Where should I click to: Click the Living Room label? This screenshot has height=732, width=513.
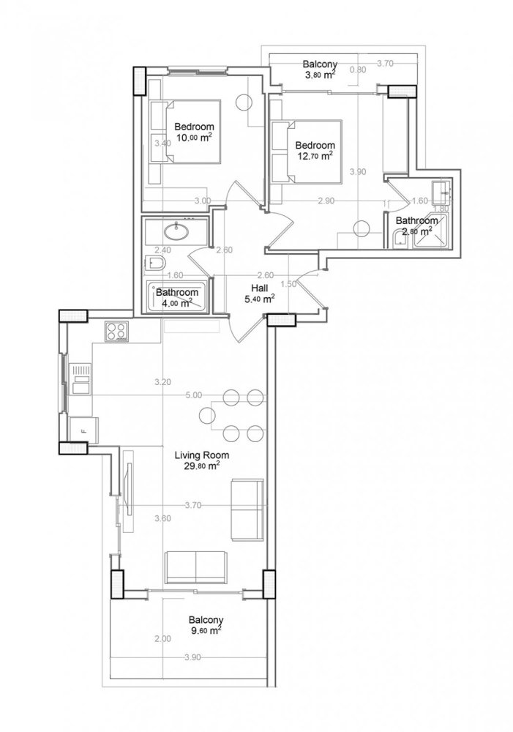(198, 455)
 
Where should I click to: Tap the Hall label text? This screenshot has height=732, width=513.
(258, 288)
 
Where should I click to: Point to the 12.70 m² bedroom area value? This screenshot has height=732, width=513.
(315, 155)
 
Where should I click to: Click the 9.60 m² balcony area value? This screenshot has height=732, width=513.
(204, 629)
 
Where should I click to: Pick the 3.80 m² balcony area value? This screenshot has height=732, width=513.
(320, 74)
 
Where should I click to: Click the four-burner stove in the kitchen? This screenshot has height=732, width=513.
(118, 332)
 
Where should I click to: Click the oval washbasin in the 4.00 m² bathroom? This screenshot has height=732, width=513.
(176, 233)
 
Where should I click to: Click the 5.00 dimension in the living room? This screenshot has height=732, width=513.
(194, 395)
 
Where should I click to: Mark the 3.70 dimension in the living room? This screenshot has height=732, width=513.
(193, 505)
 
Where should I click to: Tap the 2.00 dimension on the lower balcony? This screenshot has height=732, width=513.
(163, 639)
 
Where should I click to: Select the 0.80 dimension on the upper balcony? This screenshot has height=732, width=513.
(358, 70)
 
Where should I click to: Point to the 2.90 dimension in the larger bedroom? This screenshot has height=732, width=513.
(326, 201)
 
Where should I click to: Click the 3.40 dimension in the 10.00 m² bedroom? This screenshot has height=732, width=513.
(162, 143)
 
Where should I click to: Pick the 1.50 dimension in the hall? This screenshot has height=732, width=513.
(288, 284)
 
